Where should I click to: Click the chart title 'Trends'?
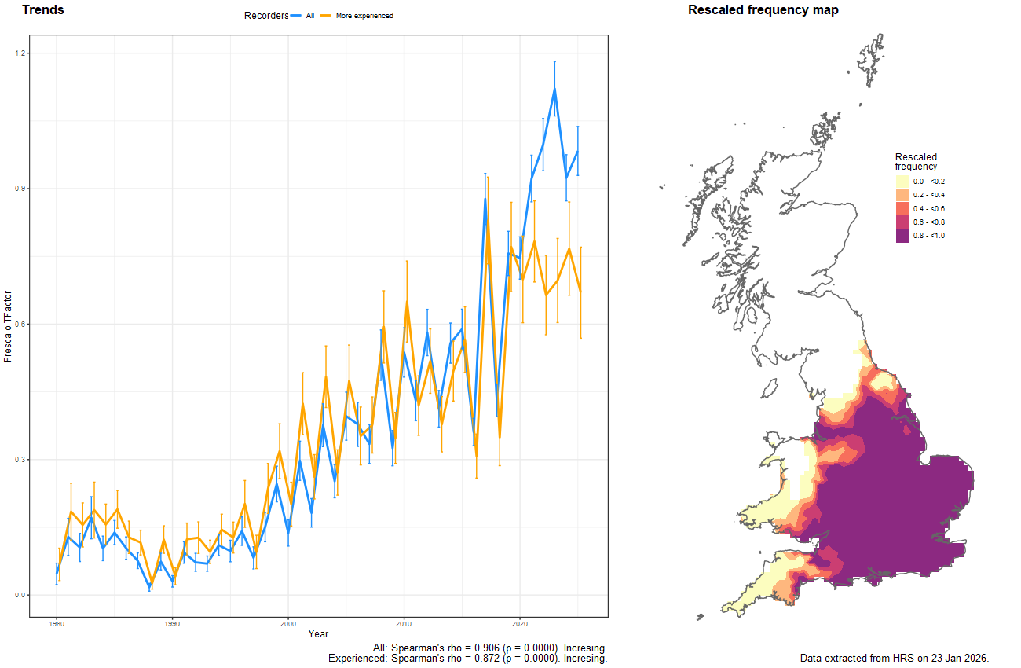tap(43, 10)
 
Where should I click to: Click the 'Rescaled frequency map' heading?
tap(763, 10)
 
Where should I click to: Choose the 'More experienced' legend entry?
tap(364, 16)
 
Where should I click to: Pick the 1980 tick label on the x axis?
tap(56, 624)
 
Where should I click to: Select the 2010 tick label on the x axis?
tap(404, 624)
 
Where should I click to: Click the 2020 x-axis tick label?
tap(519, 624)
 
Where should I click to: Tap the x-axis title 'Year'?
tap(319, 634)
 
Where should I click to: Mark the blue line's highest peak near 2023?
tap(554, 89)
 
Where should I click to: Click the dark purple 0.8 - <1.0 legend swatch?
tap(902, 236)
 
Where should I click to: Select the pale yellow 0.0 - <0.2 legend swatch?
tap(902, 182)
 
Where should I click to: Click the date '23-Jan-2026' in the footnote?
tap(958, 658)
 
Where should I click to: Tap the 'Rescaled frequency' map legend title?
tap(916, 161)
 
